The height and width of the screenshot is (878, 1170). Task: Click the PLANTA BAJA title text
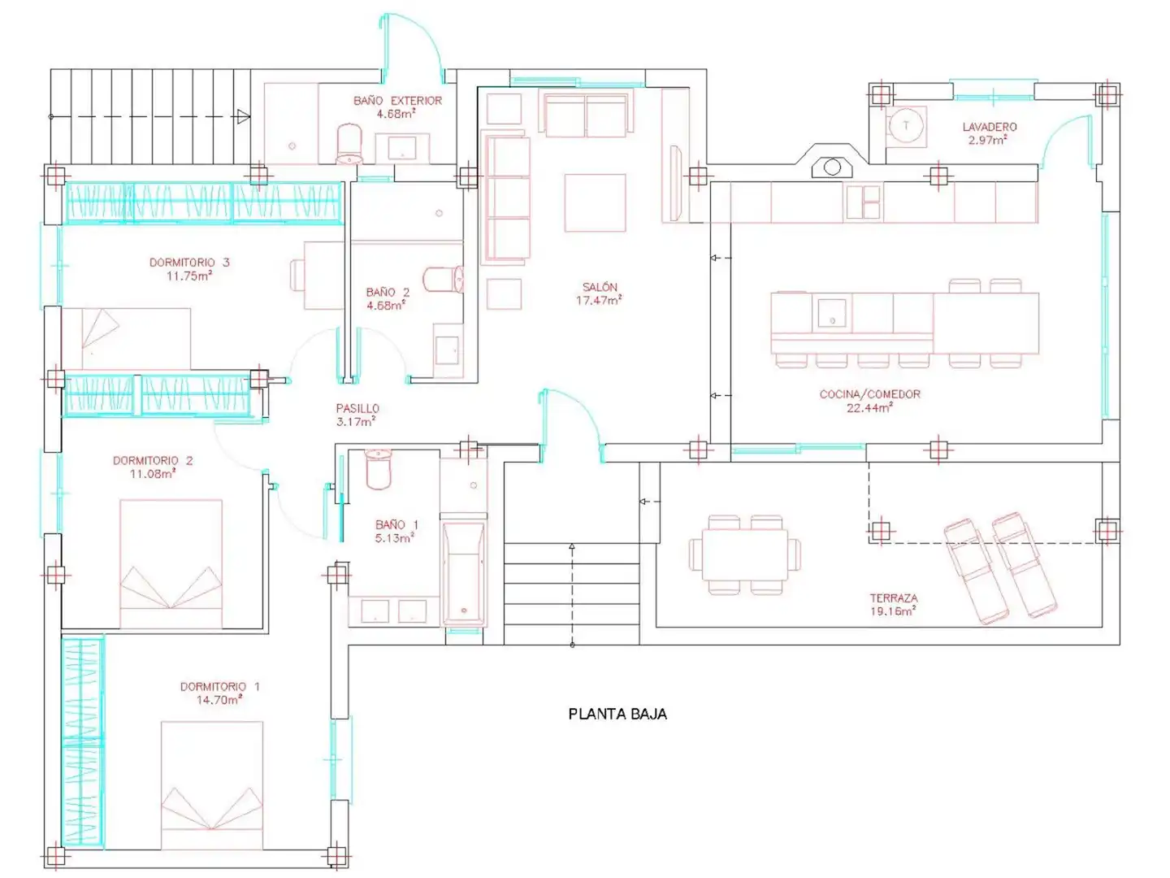tap(617, 714)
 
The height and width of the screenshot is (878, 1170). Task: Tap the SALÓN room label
tap(600, 287)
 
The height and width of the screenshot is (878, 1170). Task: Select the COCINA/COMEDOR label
tap(869, 394)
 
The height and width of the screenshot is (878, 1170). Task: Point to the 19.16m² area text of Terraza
tap(893, 611)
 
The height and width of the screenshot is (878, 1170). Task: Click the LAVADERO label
tap(990, 127)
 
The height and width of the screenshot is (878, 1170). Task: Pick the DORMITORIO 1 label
tap(219, 687)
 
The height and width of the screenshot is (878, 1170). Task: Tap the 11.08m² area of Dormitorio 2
tap(154, 473)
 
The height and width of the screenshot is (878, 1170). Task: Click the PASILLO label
tap(357, 408)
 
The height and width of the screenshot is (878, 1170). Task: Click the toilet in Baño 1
tap(378, 469)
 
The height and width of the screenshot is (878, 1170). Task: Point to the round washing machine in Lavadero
tap(906, 126)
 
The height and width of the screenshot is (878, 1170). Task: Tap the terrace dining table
tap(744, 554)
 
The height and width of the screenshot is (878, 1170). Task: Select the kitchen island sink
tap(832, 314)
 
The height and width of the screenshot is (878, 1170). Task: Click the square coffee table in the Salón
tap(595, 202)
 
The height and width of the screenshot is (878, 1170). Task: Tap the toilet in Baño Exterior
tap(349, 143)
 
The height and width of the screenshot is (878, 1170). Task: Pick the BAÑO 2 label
tap(388, 292)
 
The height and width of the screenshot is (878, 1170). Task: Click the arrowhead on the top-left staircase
tap(244, 116)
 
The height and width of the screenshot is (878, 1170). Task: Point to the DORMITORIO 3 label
tap(189, 263)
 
